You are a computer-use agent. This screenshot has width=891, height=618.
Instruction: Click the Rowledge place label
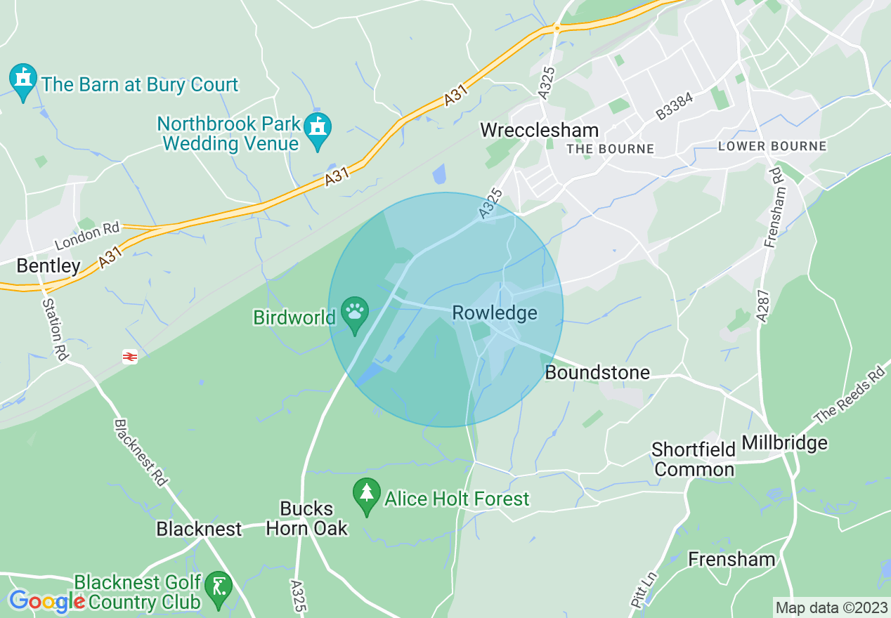click(495, 313)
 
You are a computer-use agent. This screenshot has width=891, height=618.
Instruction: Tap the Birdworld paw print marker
click(355, 310)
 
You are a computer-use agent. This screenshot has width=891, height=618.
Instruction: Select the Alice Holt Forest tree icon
click(366, 495)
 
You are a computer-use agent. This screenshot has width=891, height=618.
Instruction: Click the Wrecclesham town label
click(540, 130)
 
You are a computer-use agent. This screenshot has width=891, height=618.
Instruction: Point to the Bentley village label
click(48, 265)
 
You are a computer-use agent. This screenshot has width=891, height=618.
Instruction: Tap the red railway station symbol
click(129, 357)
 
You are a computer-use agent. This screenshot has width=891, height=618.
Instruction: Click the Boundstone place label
click(597, 372)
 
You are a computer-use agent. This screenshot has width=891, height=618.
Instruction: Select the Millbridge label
click(785, 443)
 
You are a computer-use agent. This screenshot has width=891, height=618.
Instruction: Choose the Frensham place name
click(731, 559)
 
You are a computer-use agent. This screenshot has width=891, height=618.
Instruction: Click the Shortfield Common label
click(694, 459)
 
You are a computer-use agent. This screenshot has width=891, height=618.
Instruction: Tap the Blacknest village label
click(199, 528)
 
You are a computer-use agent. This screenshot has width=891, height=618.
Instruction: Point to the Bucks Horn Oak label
click(307, 518)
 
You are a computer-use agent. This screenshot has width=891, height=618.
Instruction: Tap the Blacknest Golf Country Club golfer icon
click(220, 586)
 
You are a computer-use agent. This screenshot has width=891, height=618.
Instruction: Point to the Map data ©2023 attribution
click(831, 607)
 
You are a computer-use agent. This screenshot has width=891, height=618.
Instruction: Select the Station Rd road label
click(54, 330)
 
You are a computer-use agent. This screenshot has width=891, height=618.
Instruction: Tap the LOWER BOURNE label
click(772, 147)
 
